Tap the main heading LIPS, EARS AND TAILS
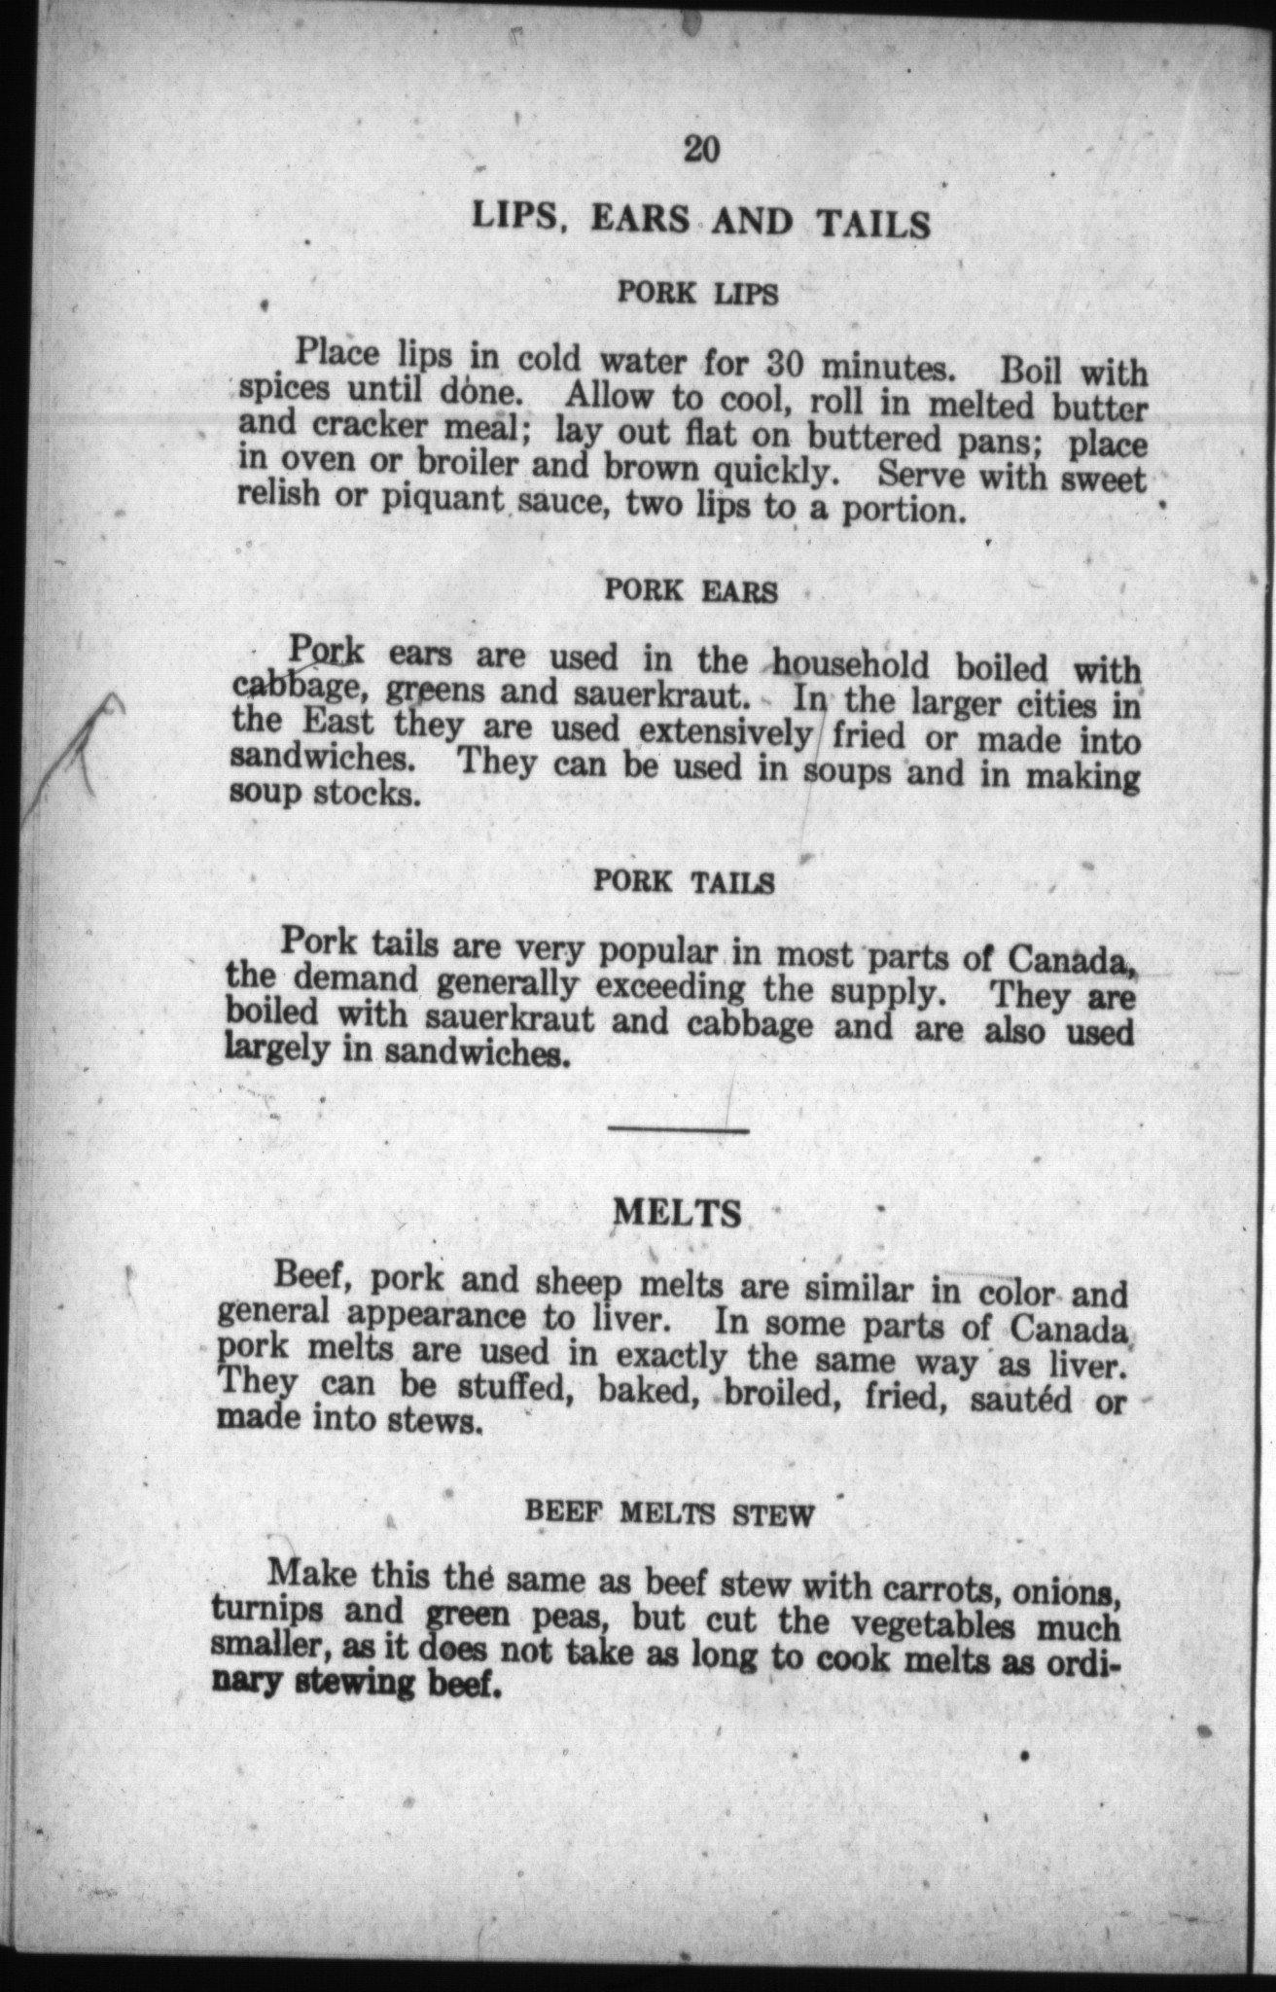(701, 223)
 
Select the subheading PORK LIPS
(698, 293)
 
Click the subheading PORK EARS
(691, 590)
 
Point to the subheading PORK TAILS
(684, 882)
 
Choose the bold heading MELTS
(680, 1212)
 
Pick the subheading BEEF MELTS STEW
(668, 1514)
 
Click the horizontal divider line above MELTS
(679, 1130)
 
